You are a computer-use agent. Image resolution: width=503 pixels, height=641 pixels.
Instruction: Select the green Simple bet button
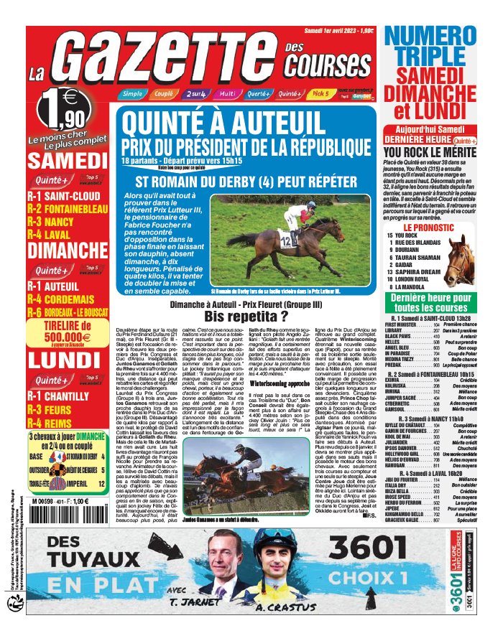(x=131, y=94)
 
